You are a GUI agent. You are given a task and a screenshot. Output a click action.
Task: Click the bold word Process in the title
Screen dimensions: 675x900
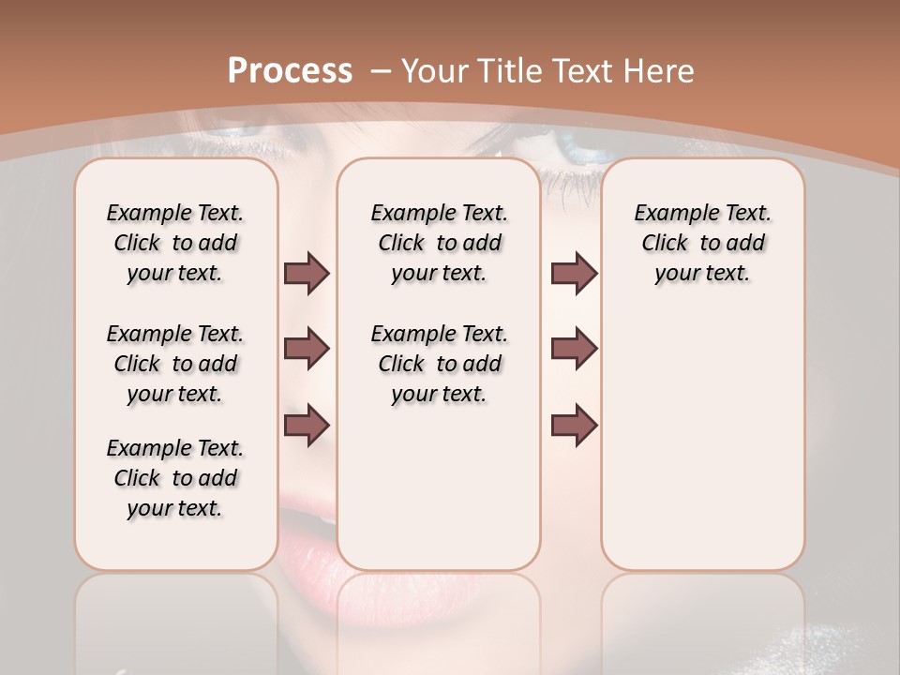click(290, 70)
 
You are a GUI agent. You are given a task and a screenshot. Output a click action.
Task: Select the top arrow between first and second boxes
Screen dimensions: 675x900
click(307, 273)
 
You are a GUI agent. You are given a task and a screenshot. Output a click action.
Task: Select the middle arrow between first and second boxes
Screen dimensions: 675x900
click(307, 349)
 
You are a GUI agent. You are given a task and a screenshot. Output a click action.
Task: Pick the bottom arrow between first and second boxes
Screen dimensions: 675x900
click(307, 425)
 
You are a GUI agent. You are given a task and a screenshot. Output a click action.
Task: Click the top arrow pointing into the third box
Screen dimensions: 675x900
click(574, 273)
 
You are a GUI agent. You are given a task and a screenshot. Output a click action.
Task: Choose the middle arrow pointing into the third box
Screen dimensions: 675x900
click(574, 349)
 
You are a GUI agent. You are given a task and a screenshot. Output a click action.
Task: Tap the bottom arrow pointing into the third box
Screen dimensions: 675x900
click(574, 425)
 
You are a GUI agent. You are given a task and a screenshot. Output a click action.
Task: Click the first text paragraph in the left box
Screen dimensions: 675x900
click(175, 243)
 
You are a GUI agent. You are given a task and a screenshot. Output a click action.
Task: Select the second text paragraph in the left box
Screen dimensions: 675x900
click(175, 364)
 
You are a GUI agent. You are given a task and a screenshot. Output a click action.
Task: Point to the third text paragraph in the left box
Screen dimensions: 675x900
click(175, 478)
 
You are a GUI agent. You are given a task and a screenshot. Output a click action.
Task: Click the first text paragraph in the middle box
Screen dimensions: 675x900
click(440, 243)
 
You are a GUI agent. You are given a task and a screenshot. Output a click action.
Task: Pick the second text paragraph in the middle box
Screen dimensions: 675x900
click(440, 364)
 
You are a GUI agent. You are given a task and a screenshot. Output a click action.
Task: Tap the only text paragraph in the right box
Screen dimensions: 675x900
click(703, 243)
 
